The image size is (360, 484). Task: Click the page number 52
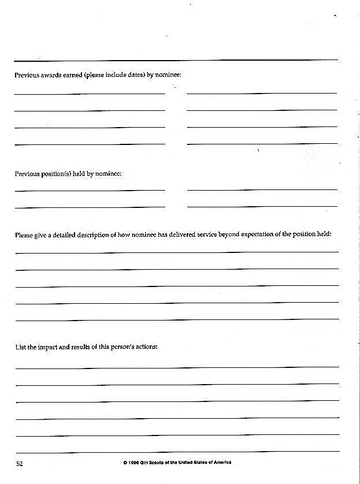pyautogui.click(x=19, y=464)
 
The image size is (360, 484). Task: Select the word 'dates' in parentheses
pyautogui.click(x=130, y=76)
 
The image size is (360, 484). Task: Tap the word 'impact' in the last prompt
pyautogui.click(x=48, y=347)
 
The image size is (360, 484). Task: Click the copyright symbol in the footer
pyautogui.click(x=125, y=463)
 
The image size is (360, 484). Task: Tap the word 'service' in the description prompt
pyautogui.click(x=203, y=235)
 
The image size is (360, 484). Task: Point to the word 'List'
pyautogui.click(x=20, y=347)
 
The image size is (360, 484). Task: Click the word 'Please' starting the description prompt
pyautogui.click(x=24, y=235)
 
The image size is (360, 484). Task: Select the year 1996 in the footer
pyautogui.click(x=134, y=463)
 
